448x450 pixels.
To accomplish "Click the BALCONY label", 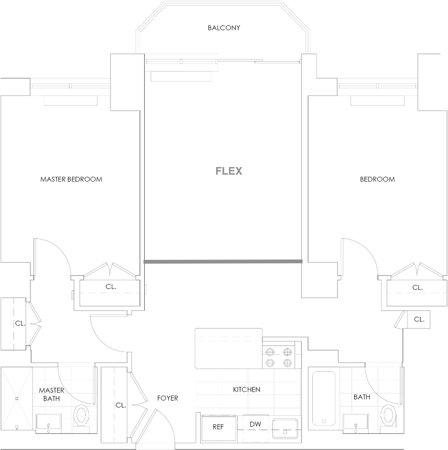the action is (224, 28).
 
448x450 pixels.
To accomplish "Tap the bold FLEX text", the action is (229, 171).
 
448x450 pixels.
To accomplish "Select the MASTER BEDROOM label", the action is (71, 179).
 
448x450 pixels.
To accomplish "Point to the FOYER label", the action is (168, 398).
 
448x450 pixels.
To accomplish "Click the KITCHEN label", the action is (246, 389).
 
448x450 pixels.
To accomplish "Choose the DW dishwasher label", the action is (255, 424).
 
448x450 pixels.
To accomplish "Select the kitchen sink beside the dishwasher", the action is (285, 429).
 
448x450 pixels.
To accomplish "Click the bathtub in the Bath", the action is (324, 399).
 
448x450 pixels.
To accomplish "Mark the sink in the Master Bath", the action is (48, 423).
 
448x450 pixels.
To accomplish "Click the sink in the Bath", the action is (356, 423).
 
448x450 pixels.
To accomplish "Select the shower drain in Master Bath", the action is (17, 398).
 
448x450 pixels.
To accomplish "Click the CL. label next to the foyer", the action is (121, 405).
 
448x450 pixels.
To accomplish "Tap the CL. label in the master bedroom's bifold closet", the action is (110, 287).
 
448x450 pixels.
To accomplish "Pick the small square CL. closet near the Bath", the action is (419, 319).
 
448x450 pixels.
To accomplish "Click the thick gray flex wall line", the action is (223, 261).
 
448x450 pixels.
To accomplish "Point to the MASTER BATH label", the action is (51, 394).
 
